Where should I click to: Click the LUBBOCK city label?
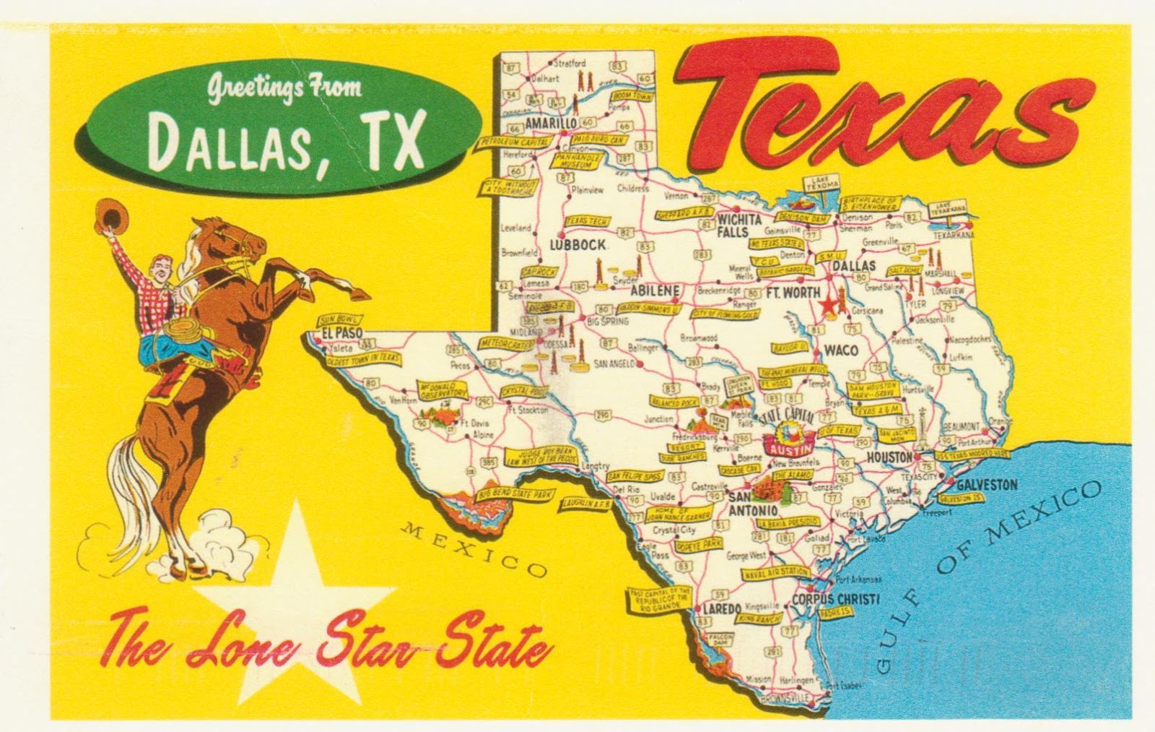click(577, 245)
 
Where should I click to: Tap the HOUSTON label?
click(889, 457)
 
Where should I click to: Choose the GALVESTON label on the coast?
click(987, 485)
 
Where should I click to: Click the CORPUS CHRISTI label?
click(835, 599)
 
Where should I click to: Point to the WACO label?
click(841, 350)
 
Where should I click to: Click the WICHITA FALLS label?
click(737, 225)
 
